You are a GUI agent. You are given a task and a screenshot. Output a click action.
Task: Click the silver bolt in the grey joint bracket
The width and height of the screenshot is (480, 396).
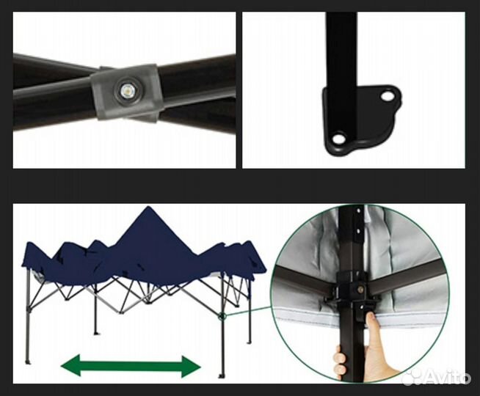pyautogui.click(x=127, y=90)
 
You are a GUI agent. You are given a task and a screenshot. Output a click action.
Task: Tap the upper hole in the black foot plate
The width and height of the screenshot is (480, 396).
pyautogui.click(x=388, y=96)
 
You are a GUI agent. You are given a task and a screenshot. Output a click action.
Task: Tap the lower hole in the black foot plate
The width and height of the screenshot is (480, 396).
pyautogui.click(x=338, y=139)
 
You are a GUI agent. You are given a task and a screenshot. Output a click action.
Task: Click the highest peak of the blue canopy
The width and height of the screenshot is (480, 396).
pyautogui.click(x=149, y=207)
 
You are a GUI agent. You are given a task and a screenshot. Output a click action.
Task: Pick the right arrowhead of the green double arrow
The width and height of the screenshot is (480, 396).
pyautogui.click(x=192, y=366)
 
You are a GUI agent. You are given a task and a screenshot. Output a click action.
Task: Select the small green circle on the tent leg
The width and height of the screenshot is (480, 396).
pyautogui.click(x=222, y=317)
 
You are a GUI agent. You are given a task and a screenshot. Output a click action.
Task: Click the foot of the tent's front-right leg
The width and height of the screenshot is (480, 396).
pyautogui.click(x=221, y=375)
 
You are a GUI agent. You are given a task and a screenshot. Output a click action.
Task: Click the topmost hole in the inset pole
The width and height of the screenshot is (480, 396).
pyautogui.click(x=357, y=210)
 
